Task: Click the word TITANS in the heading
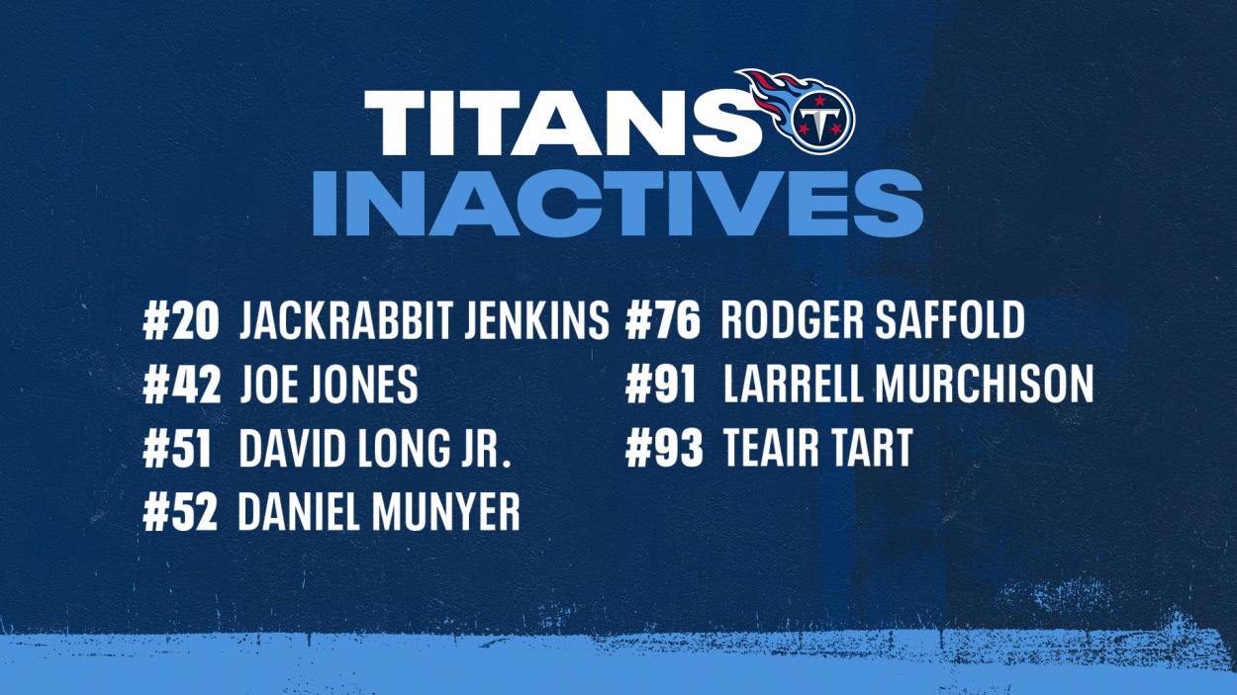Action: point(562,123)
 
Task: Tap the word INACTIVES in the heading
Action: point(618,203)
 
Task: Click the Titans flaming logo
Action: point(797,111)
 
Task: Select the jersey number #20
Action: point(181,321)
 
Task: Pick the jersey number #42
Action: point(182,385)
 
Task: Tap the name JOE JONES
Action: point(330,385)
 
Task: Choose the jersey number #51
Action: point(177,449)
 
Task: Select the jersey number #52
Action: point(180,512)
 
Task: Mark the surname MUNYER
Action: point(446,512)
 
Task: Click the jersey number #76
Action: point(663,320)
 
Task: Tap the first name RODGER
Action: point(793,320)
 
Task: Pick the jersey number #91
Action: point(661,384)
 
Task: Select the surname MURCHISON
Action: point(984,384)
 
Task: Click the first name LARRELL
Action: point(794,384)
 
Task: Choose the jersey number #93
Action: point(664,448)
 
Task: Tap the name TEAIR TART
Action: point(818,448)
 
